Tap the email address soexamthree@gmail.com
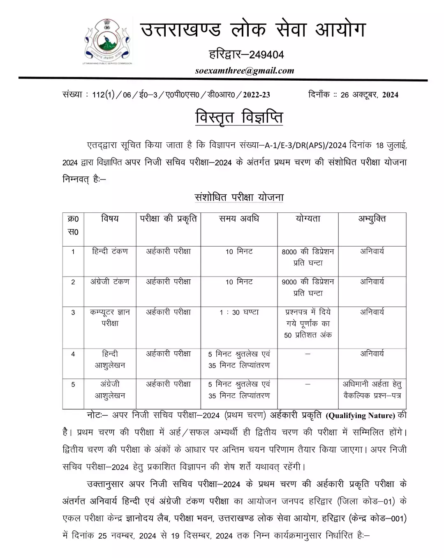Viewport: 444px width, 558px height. pyautogui.click(x=245, y=70)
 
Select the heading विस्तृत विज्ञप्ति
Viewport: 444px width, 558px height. pyautogui.click(x=239, y=117)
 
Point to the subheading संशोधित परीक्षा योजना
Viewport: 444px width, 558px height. pyautogui.click(x=239, y=198)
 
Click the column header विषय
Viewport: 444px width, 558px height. pyautogui.click(x=110, y=219)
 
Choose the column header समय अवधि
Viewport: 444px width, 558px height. pyautogui.click(x=239, y=219)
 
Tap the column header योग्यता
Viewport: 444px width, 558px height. pyautogui.click(x=308, y=219)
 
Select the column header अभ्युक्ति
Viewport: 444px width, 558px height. pyautogui.click(x=372, y=219)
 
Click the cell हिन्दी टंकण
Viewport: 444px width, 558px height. pyautogui.click(x=110, y=251)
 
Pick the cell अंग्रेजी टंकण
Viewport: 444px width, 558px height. pyautogui.click(x=110, y=282)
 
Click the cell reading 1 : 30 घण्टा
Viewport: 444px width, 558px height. pyautogui.click(x=239, y=312)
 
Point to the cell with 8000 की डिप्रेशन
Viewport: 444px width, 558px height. pyautogui.click(x=308, y=257)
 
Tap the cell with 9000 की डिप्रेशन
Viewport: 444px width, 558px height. pyautogui.click(x=308, y=287)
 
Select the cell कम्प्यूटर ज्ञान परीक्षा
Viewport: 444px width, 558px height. pyautogui.click(x=110, y=318)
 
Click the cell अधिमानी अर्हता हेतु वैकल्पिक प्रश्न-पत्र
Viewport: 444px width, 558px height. pyautogui.click(x=372, y=390)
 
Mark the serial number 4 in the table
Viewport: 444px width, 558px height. pyautogui.click(x=73, y=354)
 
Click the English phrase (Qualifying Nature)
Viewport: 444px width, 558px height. pyautogui.click(x=360, y=416)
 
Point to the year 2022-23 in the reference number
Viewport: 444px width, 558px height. pyautogui.click(x=256, y=95)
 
